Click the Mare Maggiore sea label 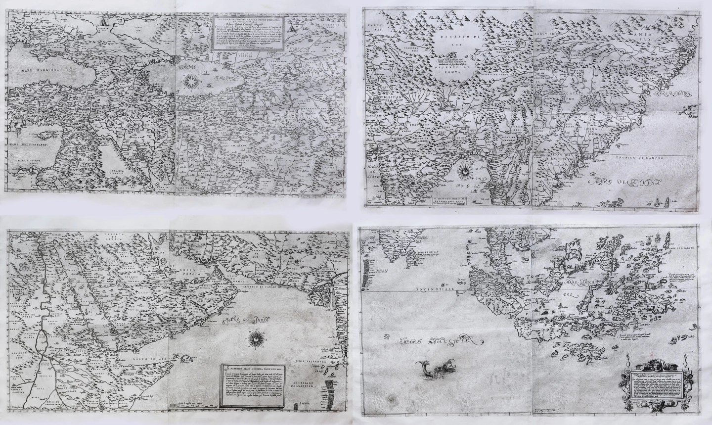pyautogui.click(x=34, y=71)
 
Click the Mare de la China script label pyautogui.click(x=625, y=184)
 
